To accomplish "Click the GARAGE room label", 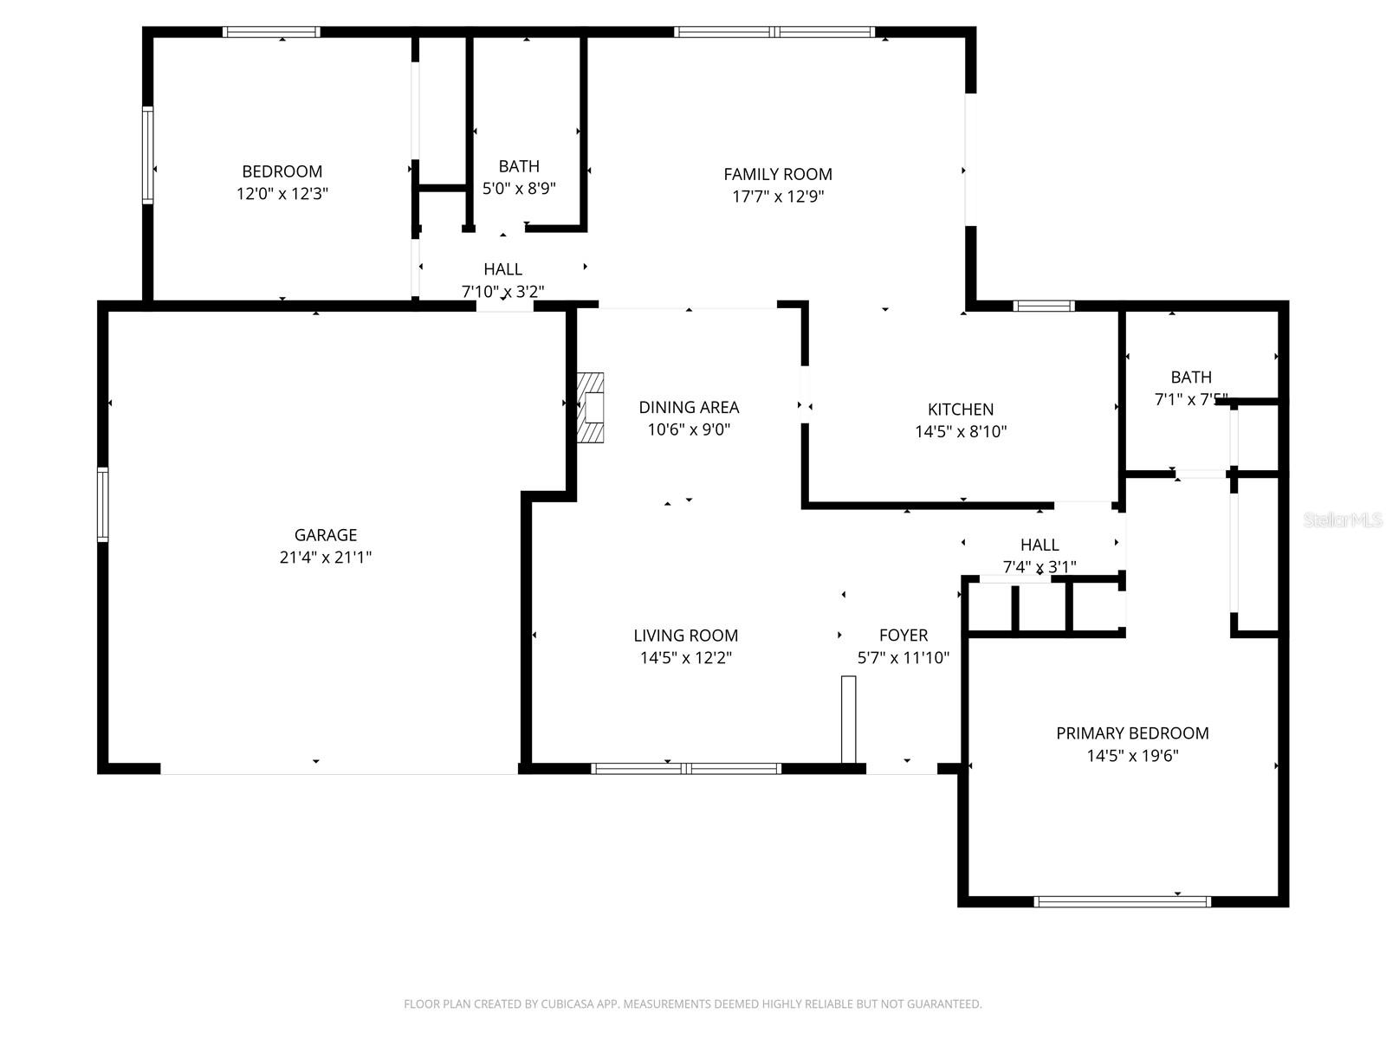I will pos(325,535).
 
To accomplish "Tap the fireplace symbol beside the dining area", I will pos(591,408).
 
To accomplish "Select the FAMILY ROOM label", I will pos(777,174).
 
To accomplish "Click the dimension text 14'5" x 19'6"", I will pos(1132,755).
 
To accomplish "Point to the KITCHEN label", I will pos(960,410).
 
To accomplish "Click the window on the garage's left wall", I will pos(103,504).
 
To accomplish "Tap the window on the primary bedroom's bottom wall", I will pos(1122,901).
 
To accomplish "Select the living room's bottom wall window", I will pos(685,768).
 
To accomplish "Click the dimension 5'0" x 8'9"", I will pos(519,188).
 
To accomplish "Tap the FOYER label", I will pos(903,636).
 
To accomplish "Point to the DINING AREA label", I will pos(689,407).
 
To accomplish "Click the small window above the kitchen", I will pos(1043,306).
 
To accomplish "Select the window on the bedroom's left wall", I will pos(148,155).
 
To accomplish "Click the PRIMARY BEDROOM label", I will pos(1132,733).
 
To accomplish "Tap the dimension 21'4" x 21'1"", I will pos(325,558).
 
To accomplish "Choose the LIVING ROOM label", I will pos(685,636).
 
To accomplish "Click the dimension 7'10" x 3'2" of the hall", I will pos(502,292).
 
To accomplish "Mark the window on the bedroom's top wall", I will pos(271,33).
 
